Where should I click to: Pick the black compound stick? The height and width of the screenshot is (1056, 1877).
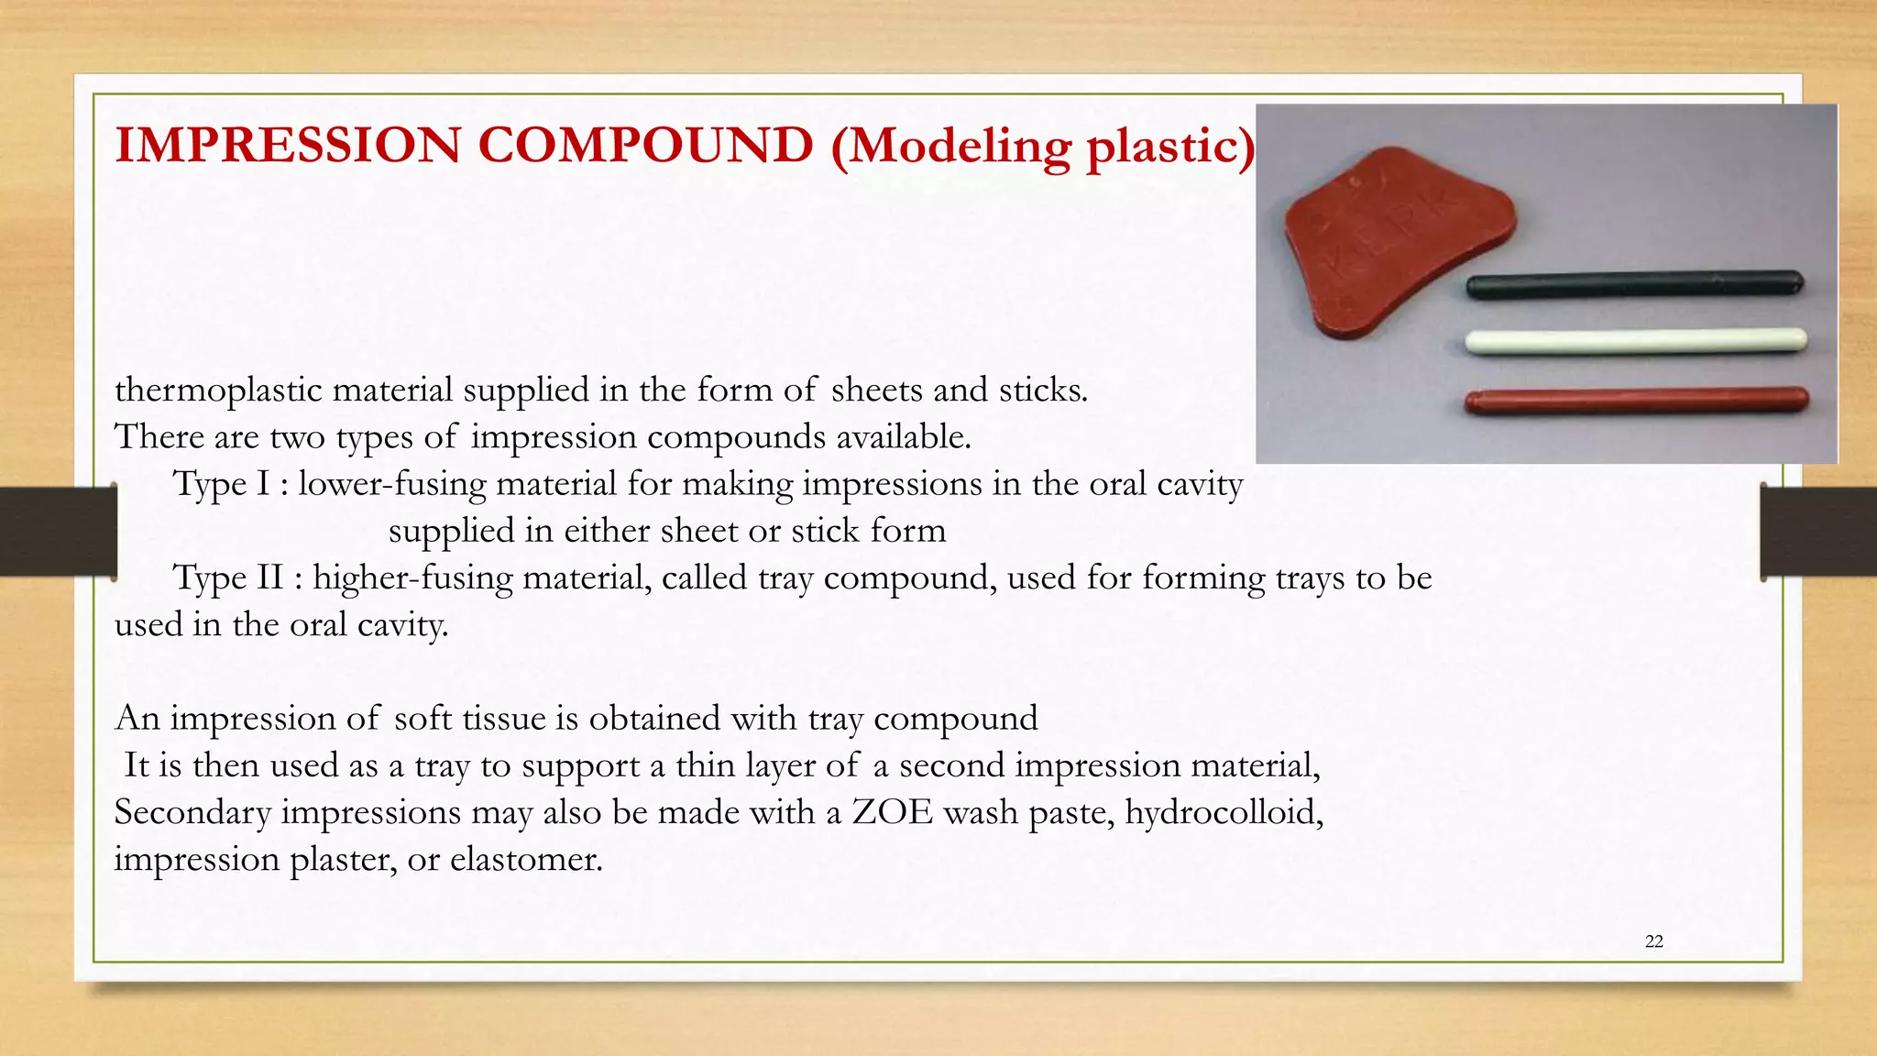coord(1634,284)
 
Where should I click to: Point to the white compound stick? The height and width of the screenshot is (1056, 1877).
coord(1636,342)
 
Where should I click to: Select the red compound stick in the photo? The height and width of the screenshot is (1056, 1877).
coord(1636,401)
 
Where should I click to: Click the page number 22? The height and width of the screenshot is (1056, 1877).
coord(1654,941)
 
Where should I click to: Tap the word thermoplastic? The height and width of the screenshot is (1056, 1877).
coord(218,390)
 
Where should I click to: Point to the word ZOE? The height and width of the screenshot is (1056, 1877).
coord(892,813)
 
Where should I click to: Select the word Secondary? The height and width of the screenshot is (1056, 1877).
coord(192,813)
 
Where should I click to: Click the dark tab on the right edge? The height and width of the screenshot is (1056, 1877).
coord(1818,532)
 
